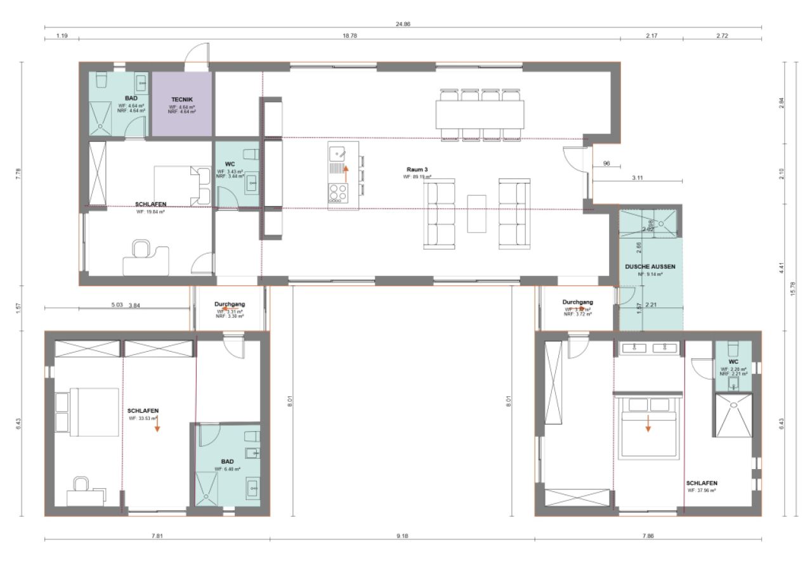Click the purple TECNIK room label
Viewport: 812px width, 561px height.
click(181, 100)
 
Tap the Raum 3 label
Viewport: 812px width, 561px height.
click(417, 170)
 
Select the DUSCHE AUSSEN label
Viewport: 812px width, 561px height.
click(650, 267)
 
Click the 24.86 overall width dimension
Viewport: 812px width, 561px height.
click(403, 23)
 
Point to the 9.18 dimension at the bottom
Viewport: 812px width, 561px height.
click(402, 536)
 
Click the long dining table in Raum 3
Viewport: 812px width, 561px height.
click(480, 115)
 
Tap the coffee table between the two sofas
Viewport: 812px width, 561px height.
click(477, 213)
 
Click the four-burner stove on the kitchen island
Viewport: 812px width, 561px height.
click(337, 192)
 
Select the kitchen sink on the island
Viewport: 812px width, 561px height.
click(337, 153)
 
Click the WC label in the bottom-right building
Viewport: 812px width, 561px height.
click(733, 362)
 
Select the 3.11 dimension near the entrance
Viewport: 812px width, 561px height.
click(638, 178)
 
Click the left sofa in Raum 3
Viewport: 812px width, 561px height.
click(440, 213)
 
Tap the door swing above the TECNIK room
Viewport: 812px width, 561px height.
click(195, 55)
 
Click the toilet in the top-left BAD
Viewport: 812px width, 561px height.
click(101, 81)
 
